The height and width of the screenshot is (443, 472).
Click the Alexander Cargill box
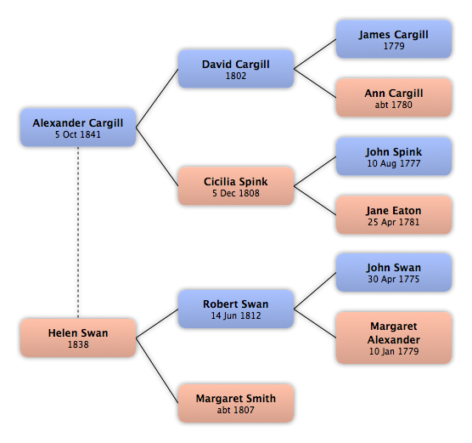click(x=78, y=128)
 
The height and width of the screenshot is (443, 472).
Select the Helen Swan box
click(x=78, y=338)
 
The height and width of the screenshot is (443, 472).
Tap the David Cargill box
click(x=236, y=69)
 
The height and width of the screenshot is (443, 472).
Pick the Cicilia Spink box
click(x=236, y=186)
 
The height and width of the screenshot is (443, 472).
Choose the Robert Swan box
click(x=236, y=309)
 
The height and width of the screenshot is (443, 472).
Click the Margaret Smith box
click(x=236, y=403)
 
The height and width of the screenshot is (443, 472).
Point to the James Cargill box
click(x=394, y=39)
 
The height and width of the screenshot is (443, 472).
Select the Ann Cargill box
click(x=394, y=98)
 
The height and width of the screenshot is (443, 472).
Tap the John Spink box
click(x=394, y=156)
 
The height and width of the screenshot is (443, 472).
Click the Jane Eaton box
click(x=394, y=215)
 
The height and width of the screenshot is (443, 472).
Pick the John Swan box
click(x=394, y=272)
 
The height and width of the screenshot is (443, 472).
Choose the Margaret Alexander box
click(x=394, y=338)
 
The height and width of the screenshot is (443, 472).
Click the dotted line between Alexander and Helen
click(x=78, y=232)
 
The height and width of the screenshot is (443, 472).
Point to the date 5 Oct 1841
click(x=78, y=134)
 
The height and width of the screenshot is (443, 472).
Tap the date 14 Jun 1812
click(x=236, y=315)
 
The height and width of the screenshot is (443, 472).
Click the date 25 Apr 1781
click(x=393, y=222)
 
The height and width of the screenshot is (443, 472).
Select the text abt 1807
click(x=236, y=410)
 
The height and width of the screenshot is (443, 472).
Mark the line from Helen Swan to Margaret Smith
click(x=157, y=371)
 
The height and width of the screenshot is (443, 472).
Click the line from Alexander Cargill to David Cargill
click(x=157, y=98)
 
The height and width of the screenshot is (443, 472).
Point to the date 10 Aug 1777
click(x=394, y=163)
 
